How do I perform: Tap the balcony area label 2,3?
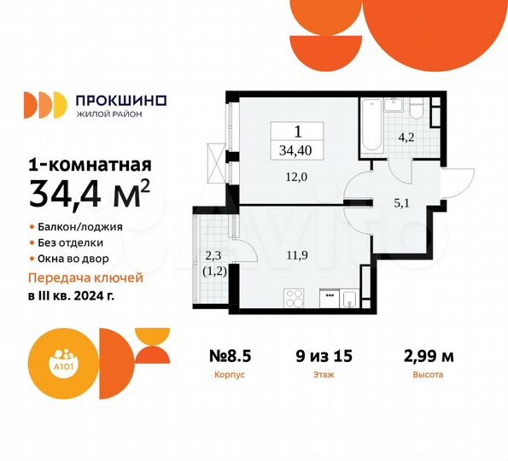tap(213, 253)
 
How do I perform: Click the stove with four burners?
tap(295, 297)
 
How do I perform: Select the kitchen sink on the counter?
tap(349, 297)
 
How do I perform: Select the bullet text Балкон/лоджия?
tap(80, 227)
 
